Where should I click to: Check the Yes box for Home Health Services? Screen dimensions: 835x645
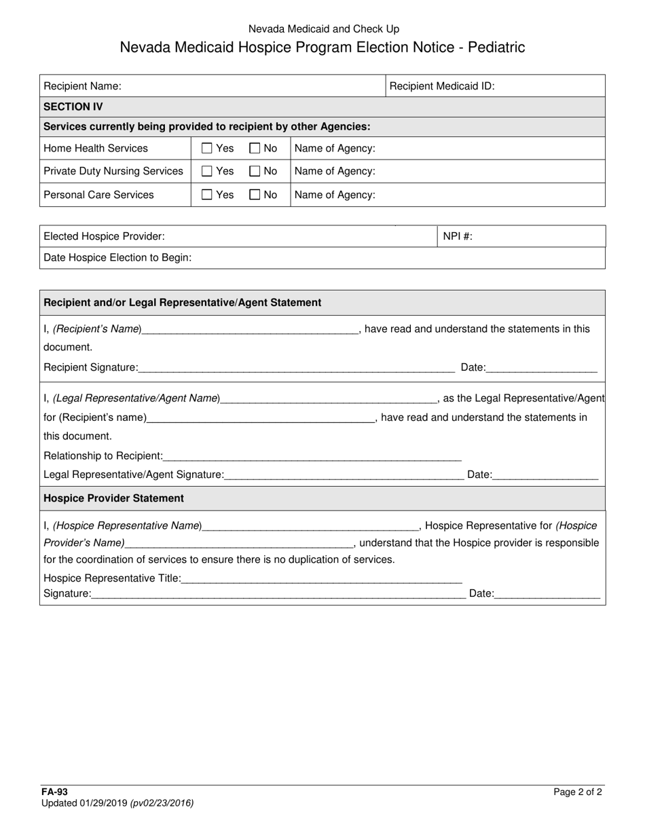pyautogui.click(x=207, y=148)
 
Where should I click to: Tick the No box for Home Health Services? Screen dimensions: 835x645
pyautogui.click(x=255, y=148)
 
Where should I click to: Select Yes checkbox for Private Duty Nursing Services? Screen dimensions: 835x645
pyautogui.click(x=207, y=171)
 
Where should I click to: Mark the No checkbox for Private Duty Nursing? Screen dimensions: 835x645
pyautogui.click(x=255, y=171)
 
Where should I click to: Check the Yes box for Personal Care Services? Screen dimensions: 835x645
pyautogui.click(x=207, y=195)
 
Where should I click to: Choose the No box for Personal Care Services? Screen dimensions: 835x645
pyautogui.click(x=255, y=195)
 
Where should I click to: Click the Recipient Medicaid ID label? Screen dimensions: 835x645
pyautogui.click(x=442, y=86)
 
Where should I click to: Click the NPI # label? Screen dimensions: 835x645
pyautogui.click(x=458, y=236)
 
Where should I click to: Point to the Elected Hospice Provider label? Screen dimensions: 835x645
pyautogui.click(x=104, y=236)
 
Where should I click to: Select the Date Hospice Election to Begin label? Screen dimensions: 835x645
pyautogui.click(x=117, y=257)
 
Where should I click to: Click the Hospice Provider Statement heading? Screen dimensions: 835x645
pyautogui.click(x=113, y=498)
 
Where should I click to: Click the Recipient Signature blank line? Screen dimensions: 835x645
pyautogui.click(x=296, y=369)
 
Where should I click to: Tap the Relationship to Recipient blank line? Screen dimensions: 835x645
pyautogui.click(x=312, y=457)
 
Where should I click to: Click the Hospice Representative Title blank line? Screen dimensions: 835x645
pyautogui.click(x=322, y=579)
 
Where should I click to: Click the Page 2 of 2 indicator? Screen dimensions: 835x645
pyautogui.click(x=577, y=792)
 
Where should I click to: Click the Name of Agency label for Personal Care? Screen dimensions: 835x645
pyautogui.click(x=335, y=195)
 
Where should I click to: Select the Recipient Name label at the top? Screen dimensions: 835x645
pyautogui.click(x=82, y=86)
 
